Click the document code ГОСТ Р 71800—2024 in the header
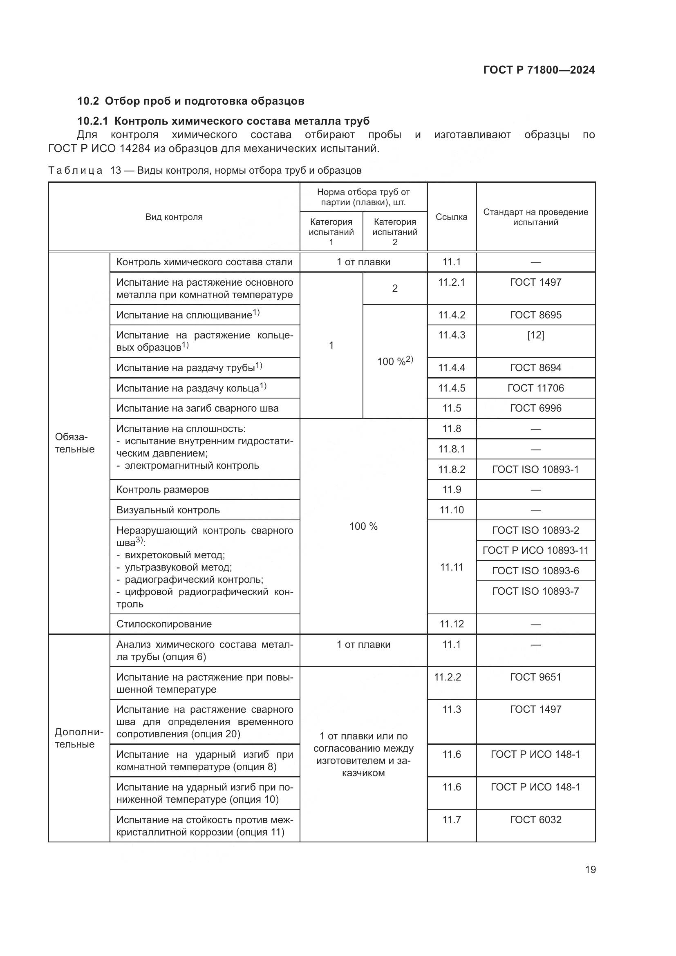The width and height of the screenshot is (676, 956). (x=539, y=70)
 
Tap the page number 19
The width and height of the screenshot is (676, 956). (x=590, y=869)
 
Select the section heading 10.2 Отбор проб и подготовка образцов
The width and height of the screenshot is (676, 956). (x=190, y=101)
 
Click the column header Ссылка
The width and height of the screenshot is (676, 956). (x=451, y=217)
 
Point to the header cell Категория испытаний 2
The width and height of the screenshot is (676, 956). (x=395, y=232)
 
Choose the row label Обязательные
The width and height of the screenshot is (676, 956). (x=75, y=443)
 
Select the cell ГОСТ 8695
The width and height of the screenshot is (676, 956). (x=535, y=315)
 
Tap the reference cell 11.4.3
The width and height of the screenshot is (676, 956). (x=451, y=335)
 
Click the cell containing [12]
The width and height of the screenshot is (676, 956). (x=535, y=335)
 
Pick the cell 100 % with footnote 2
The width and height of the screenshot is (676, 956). (x=395, y=361)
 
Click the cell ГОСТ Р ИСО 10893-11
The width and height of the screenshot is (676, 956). (x=535, y=551)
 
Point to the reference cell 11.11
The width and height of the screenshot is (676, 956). (x=451, y=567)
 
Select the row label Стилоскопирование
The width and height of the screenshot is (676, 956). (x=164, y=624)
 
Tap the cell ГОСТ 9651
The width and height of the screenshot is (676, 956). (x=535, y=677)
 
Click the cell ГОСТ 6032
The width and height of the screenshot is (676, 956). (x=535, y=819)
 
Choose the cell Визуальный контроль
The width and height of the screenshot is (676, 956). (x=168, y=510)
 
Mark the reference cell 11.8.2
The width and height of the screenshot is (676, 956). (x=451, y=469)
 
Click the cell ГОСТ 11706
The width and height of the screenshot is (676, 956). (x=535, y=388)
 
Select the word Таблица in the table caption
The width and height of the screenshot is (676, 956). (x=75, y=170)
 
